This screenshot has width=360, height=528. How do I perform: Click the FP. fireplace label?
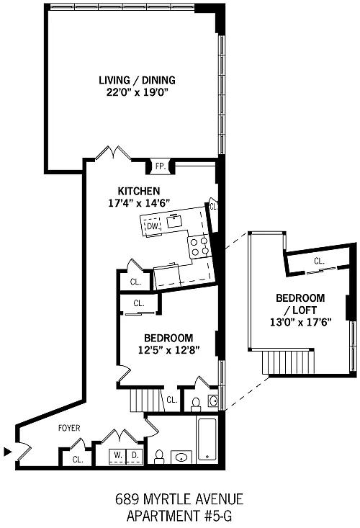coord(161,166)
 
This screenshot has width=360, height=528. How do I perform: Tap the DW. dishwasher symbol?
coord(153,226)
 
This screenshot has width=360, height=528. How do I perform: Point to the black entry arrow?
coord(7,452)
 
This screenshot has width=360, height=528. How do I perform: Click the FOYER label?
coord(69,428)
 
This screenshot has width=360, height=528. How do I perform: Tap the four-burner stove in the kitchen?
coord(199,246)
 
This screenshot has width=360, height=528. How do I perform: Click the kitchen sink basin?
coord(175,221)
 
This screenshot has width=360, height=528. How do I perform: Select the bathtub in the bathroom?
coord(207,439)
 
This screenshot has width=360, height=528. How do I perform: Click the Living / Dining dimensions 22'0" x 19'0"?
coord(137,92)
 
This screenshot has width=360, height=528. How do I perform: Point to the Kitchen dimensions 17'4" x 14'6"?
coord(139,203)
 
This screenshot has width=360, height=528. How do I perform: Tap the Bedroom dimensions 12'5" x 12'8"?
coord(169,350)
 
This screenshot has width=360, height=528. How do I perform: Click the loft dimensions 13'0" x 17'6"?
coord(301,322)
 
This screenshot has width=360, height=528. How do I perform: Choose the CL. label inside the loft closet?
coord(319,261)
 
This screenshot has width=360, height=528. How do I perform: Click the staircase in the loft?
coord(288,362)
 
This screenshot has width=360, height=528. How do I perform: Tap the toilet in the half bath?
coord(195,404)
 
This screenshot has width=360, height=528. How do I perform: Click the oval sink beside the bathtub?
coord(181,457)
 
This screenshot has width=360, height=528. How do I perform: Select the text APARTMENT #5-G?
coord(179,516)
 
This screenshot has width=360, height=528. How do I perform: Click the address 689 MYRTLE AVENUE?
coord(179,499)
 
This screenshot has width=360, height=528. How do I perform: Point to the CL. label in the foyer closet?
coord(78,460)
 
